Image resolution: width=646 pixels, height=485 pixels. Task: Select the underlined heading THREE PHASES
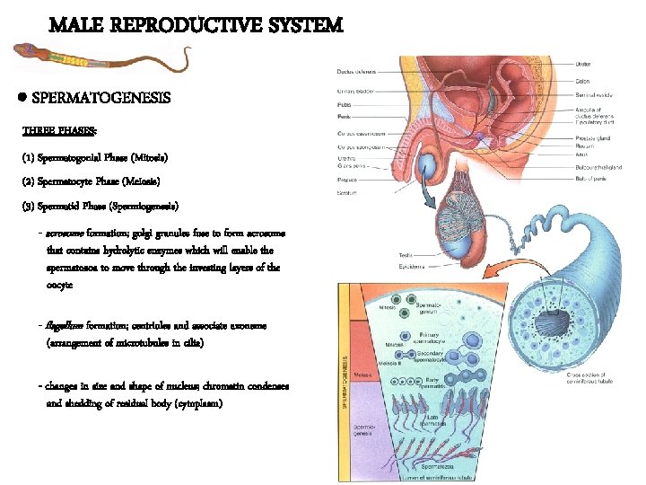point(59,132)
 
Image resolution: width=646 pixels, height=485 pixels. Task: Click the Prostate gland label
point(592,137)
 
